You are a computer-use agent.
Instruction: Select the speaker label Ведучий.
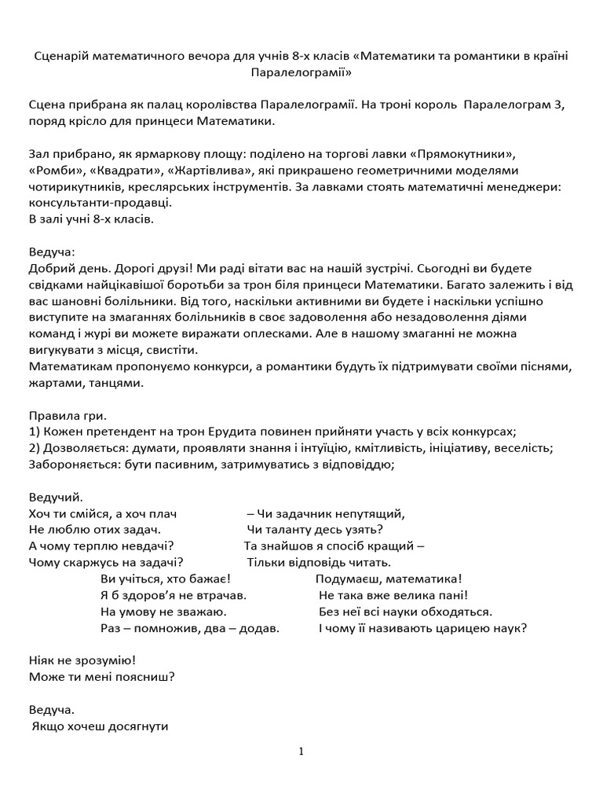[x=55, y=498]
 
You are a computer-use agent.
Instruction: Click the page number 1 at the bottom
[x=301, y=752]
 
